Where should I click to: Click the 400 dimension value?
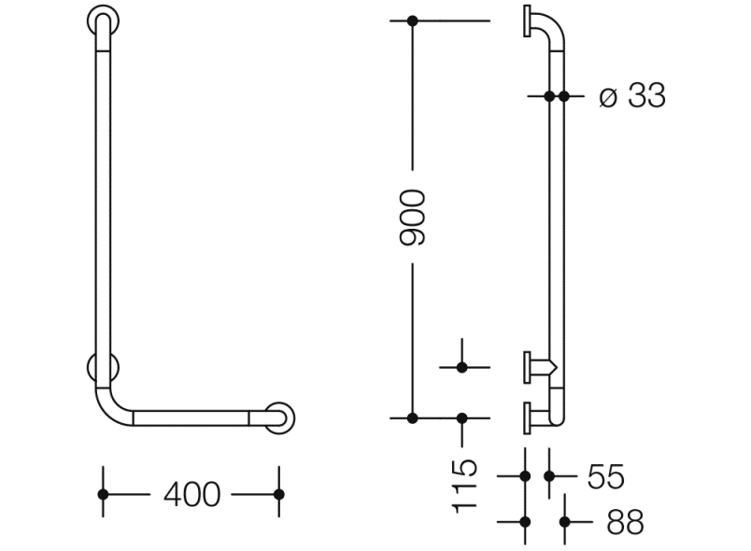coord(192,494)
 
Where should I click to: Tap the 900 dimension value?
coord(412,218)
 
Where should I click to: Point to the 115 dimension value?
coord(464,486)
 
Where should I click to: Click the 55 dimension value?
coord(606,476)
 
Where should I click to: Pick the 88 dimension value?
coord(625,522)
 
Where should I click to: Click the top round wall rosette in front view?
coord(103,21)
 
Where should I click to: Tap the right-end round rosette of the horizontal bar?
coord(279,417)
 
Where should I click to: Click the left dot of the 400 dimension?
coord(103,494)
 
